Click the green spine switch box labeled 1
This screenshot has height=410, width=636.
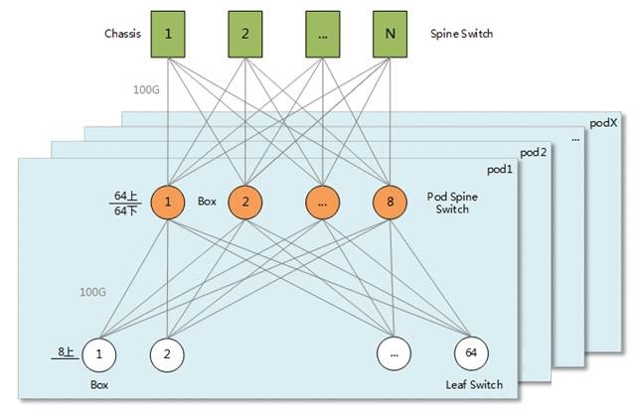click(169, 33)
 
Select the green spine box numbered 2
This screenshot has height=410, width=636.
click(245, 33)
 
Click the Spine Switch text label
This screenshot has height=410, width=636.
click(461, 33)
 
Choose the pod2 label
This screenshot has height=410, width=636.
click(535, 153)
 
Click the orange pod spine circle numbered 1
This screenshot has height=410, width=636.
click(169, 203)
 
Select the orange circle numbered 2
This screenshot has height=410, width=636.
click(245, 203)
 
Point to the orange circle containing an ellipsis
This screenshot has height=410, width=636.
click(322, 203)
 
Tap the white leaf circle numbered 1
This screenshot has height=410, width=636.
click(99, 352)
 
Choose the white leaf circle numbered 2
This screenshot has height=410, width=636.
click(167, 352)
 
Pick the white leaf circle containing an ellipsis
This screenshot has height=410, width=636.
click(395, 352)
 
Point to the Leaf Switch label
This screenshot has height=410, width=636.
click(475, 384)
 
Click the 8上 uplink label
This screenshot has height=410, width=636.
click(66, 351)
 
